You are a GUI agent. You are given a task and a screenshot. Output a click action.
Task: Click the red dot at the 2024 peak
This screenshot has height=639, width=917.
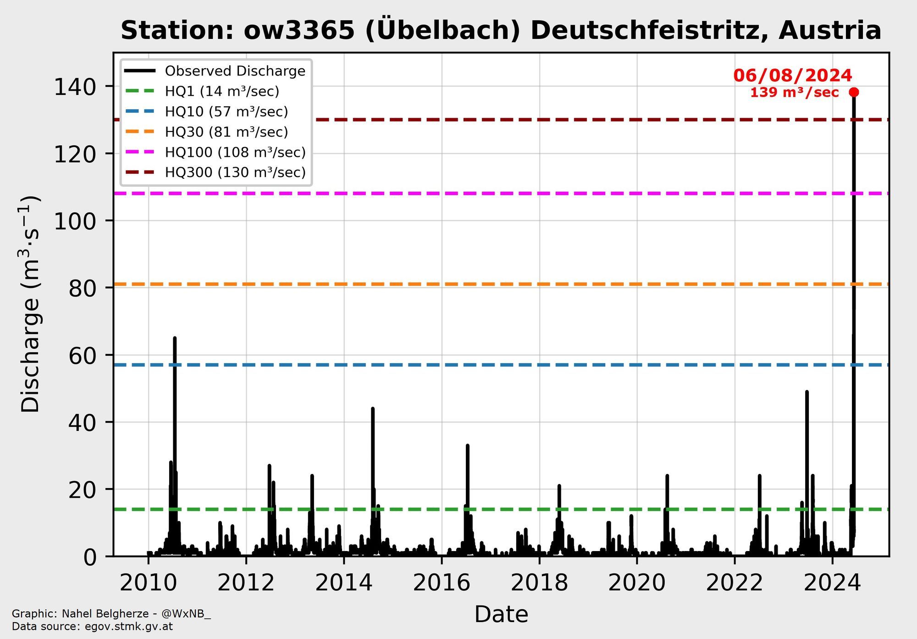point(854,92)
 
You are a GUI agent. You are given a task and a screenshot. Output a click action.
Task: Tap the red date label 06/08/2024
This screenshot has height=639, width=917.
point(793,76)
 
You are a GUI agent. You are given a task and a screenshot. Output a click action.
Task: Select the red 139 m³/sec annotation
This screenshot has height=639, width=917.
point(794,93)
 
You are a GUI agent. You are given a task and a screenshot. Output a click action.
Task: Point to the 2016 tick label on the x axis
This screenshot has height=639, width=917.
point(442,583)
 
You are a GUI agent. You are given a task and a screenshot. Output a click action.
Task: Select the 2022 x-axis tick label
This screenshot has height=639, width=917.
point(735,583)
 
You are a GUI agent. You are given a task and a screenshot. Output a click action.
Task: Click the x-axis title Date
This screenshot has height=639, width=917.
point(501,614)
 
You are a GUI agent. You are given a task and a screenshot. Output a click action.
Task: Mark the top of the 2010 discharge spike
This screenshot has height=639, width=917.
point(175,338)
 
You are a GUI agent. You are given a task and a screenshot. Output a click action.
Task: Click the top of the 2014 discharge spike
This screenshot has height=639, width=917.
point(373,408)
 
